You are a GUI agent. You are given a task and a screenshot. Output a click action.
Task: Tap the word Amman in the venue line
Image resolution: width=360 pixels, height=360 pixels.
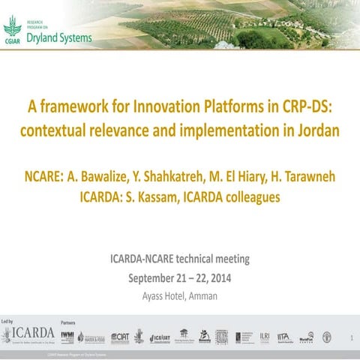tap(202, 295)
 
